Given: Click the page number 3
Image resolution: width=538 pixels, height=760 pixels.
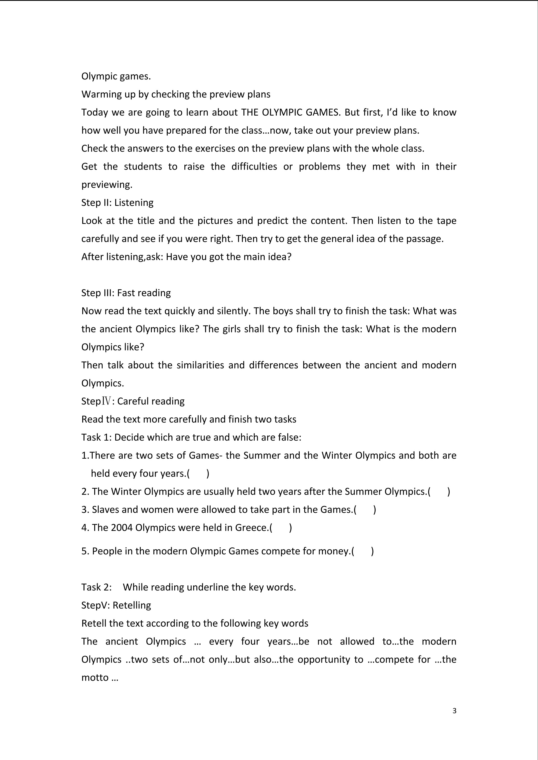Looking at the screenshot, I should (x=454, y=711).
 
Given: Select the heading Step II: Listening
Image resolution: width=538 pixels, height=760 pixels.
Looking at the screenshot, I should (x=117, y=202).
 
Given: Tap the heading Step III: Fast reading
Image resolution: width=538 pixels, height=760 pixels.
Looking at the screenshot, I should (x=126, y=293).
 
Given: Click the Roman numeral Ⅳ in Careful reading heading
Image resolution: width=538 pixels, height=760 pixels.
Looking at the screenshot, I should (x=106, y=401).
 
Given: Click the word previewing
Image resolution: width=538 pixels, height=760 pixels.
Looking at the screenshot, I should (x=107, y=185).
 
